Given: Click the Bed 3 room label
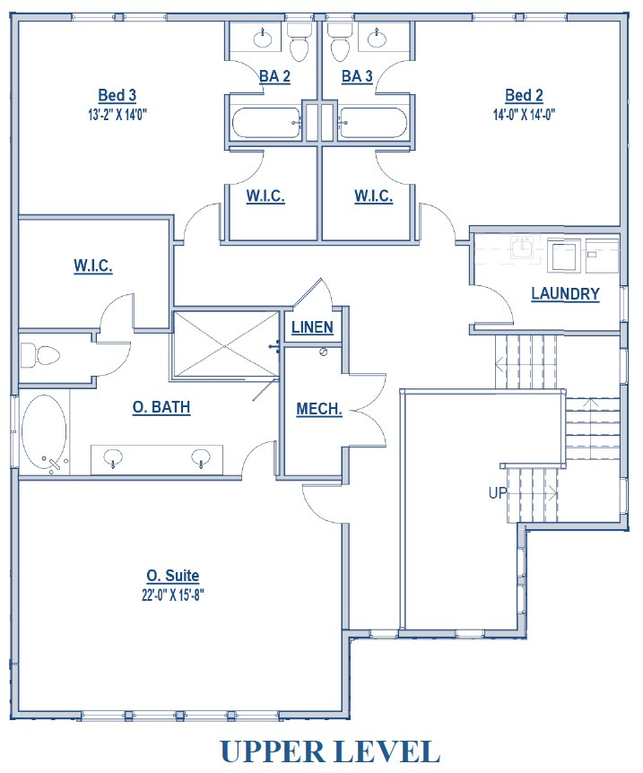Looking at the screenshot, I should tap(117, 95).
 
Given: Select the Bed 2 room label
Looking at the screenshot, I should tap(525, 96).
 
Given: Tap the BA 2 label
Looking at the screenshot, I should tap(274, 77).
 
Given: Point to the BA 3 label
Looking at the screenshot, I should tap(357, 77).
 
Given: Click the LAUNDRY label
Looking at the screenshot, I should tap(565, 293).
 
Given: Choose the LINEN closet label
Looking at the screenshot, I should tap(312, 327).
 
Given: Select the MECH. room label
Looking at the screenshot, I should tap(319, 409).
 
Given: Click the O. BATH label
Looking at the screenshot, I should tap(161, 407).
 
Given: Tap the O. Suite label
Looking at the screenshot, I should tap(172, 576).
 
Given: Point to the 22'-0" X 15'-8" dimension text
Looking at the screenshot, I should tap(172, 594).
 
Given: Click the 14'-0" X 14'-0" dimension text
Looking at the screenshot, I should tap(525, 114).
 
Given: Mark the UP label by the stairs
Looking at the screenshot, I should tap(499, 493).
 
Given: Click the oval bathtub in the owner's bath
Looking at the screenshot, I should tap(44, 432).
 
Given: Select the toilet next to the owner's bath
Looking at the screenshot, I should tap(40, 355).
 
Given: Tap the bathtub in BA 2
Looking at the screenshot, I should tap(267, 123).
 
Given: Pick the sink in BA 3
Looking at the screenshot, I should tap(377, 37).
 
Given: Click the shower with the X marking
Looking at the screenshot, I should tap(225, 345).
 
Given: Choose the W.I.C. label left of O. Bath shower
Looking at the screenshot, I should tap(92, 265).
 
